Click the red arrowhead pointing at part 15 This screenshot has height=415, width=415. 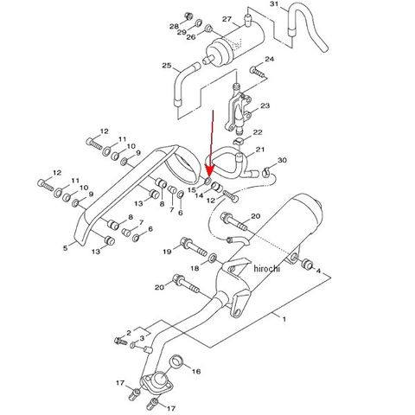209,171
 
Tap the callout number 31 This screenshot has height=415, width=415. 274,3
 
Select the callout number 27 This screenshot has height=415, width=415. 227,19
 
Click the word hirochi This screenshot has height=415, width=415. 266,269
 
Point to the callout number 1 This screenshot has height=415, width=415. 284,319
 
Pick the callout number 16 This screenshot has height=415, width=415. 196,371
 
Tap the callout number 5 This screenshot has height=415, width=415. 66,248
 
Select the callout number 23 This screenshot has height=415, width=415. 265,105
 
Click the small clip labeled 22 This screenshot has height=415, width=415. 239,141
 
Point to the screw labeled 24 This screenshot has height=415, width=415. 257,72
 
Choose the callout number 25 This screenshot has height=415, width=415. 167,66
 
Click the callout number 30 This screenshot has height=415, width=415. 282,160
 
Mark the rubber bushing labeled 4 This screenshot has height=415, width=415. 307,265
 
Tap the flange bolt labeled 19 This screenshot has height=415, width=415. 194,247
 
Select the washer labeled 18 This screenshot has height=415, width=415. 213,258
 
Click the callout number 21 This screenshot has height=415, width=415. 260,150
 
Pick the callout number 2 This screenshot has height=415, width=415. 129,333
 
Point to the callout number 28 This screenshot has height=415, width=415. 174,27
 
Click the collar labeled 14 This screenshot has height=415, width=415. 217,187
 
